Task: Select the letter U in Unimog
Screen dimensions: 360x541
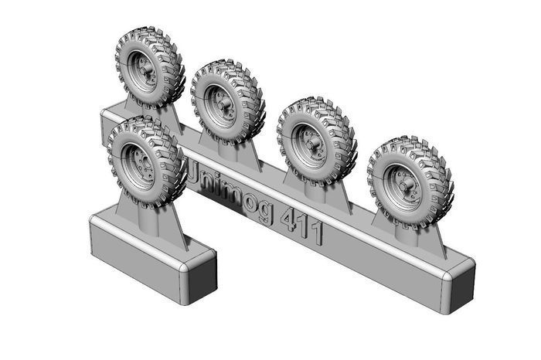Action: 196,173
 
